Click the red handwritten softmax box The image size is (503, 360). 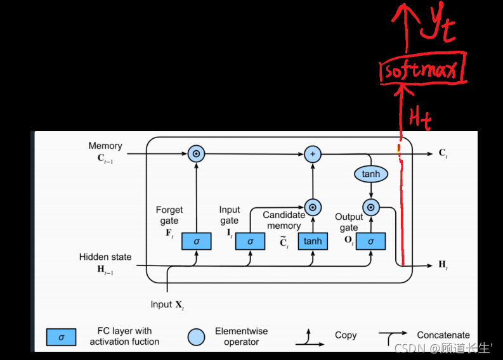(x=422, y=71)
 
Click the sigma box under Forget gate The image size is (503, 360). (x=196, y=241)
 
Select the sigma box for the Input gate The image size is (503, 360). (x=251, y=241)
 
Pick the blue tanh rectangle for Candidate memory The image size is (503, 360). (x=312, y=241)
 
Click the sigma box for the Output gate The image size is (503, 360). (x=371, y=241)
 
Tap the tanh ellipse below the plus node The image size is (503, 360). (x=371, y=173)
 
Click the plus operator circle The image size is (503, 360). (x=312, y=153)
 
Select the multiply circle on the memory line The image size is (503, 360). (x=196, y=153)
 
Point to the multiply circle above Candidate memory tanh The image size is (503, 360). (x=312, y=207)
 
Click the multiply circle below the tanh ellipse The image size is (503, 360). (x=371, y=207)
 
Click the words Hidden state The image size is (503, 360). (x=105, y=257)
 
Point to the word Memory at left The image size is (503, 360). (x=105, y=146)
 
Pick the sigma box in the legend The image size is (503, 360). (x=62, y=337)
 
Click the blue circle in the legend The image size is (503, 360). (x=197, y=337)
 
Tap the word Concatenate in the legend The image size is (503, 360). (x=443, y=335)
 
